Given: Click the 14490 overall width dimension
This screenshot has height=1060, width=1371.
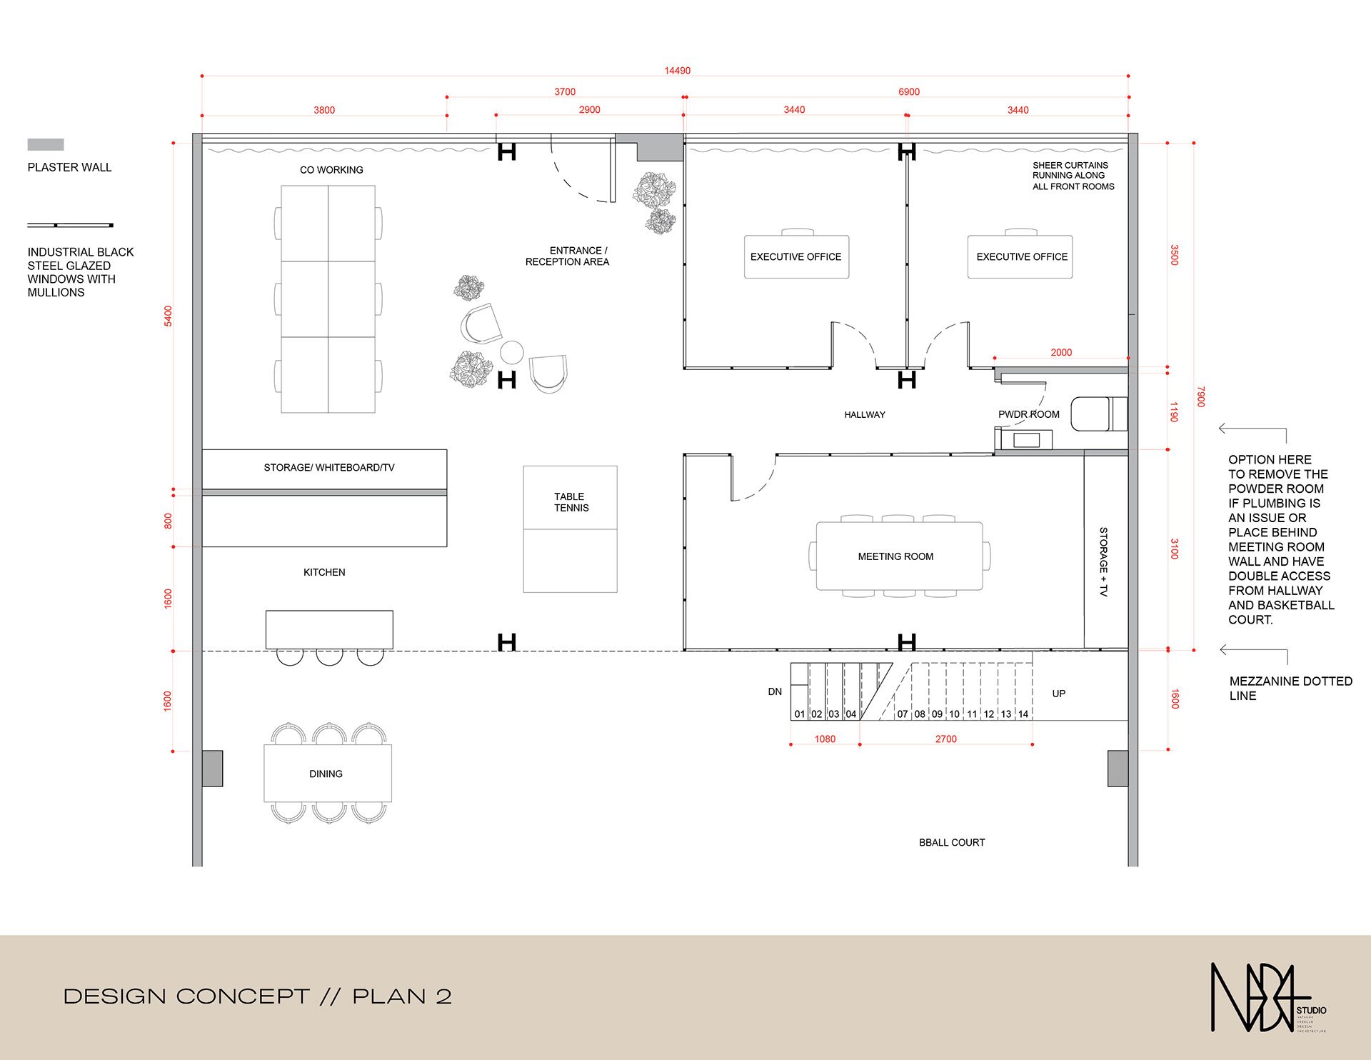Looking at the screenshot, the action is pyautogui.click(x=677, y=71).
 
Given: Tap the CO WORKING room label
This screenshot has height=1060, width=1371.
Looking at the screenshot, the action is pyautogui.click(x=331, y=170).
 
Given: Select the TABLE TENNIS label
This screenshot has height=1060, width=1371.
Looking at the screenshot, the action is pyautogui.click(x=571, y=502).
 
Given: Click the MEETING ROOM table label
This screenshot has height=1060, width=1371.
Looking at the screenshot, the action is pyautogui.click(x=895, y=556).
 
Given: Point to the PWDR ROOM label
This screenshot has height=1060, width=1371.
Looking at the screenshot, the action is pyautogui.click(x=1028, y=414).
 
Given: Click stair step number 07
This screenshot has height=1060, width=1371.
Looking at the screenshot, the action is pyautogui.click(x=903, y=714).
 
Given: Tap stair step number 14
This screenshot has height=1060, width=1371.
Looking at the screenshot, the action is pyautogui.click(x=1023, y=714).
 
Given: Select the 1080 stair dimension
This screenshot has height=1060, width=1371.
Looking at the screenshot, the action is pyautogui.click(x=825, y=739).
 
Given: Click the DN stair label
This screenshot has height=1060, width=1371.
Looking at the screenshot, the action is pyautogui.click(x=775, y=691).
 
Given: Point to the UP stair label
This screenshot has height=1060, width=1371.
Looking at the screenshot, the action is pyautogui.click(x=1058, y=694).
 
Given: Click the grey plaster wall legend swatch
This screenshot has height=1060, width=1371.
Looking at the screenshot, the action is pyautogui.click(x=46, y=144).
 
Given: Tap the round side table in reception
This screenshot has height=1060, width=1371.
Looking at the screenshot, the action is pyautogui.click(x=512, y=352).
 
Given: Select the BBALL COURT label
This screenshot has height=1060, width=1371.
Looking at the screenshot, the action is pyautogui.click(x=952, y=843).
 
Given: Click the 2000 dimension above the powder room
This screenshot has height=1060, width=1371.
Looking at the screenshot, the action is pyautogui.click(x=1061, y=352).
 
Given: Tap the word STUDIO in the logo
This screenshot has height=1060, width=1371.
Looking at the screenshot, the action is pyautogui.click(x=1311, y=1010).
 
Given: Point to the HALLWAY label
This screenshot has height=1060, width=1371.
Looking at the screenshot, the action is pyautogui.click(x=865, y=415).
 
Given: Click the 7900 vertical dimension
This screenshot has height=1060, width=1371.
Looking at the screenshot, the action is pyautogui.click(x=1201, y=396).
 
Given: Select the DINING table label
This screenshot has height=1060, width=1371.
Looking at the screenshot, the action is pyautogui.click(x=326, y=774).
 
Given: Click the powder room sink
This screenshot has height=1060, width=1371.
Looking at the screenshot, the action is pyautogui.click(x=1026, y=440).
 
